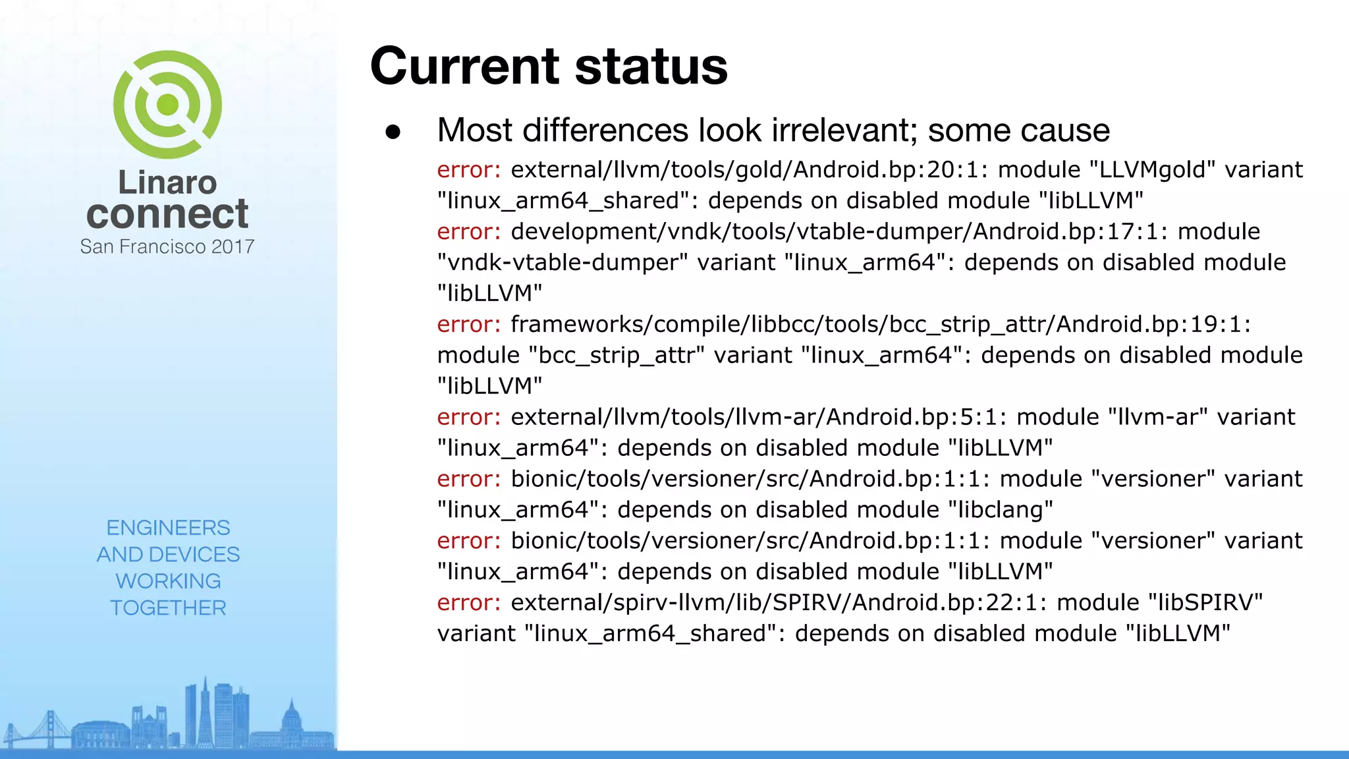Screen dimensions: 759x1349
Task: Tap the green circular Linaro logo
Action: coord(167,105)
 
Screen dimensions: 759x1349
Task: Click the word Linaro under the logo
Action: coord(167,183)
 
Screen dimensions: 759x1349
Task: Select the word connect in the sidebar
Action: coord(167,214)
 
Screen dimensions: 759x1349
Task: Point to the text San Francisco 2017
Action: coord(167,246)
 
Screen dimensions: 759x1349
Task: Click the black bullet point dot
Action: coord(393,132)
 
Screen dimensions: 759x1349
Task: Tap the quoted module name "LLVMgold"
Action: coord(1152,170)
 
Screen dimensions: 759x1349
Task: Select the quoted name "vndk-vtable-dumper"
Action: coord(563,263)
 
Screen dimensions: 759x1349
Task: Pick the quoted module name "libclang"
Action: coord(1001,510)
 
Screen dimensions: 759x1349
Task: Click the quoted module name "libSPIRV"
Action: coord(1205,603)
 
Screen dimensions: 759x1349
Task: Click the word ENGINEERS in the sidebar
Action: coord(168,528)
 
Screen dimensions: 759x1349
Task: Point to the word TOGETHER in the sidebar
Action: coord(168,607)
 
